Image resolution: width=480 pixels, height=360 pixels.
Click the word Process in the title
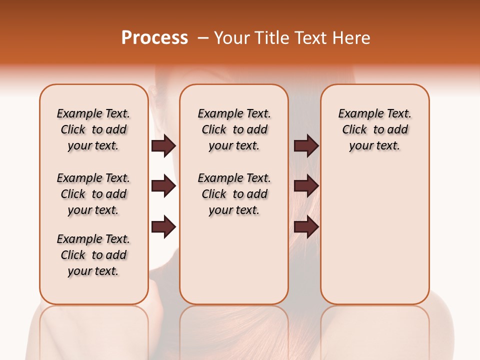coord(154,38)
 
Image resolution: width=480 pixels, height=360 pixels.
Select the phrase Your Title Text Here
coord(292,38)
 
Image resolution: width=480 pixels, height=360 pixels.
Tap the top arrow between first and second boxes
coord(163,145)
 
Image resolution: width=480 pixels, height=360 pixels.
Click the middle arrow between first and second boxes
coord(163,186)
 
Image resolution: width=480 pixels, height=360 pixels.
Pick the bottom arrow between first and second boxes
coord(163,227)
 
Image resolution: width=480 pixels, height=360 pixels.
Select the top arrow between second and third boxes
coord(306,145)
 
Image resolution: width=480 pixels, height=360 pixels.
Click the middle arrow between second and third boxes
coord(306,186)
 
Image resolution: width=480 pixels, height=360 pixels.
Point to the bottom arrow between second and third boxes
coord(306,227)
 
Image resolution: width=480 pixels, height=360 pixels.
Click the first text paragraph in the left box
coord(93,129)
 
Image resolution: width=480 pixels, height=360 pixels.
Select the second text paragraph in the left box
coord(93,194)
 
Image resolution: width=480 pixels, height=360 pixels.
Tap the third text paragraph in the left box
coord(93,255)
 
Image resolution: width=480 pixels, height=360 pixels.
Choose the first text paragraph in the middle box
coord(234,129)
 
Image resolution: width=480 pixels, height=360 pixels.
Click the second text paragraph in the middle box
coord(234,194)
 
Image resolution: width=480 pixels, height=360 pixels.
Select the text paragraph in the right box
coord(374,129)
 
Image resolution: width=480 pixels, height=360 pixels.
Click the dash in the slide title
coord(203,38)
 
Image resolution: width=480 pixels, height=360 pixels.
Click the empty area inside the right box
coord(374,225)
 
